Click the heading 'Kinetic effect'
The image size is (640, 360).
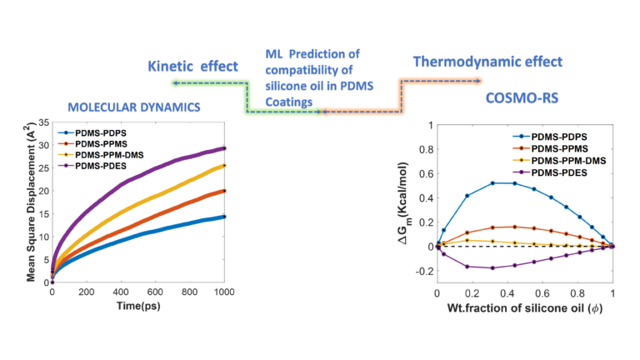coord(192,65)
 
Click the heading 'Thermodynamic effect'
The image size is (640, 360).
coord(488,61)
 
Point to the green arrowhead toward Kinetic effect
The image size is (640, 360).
coord(172,82)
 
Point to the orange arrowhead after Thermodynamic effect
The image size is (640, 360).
coord(478,81)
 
